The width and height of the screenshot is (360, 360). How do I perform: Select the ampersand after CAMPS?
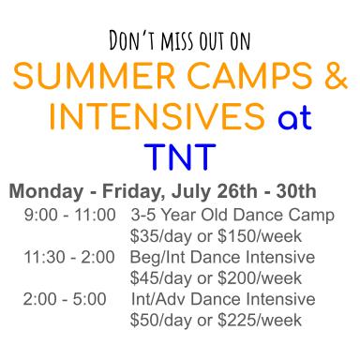pos(334,82)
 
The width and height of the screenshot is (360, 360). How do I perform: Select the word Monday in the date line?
pos(42,192)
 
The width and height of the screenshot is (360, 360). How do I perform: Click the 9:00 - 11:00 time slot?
pos(69,215)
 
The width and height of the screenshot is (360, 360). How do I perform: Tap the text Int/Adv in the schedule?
pos(158,299)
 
